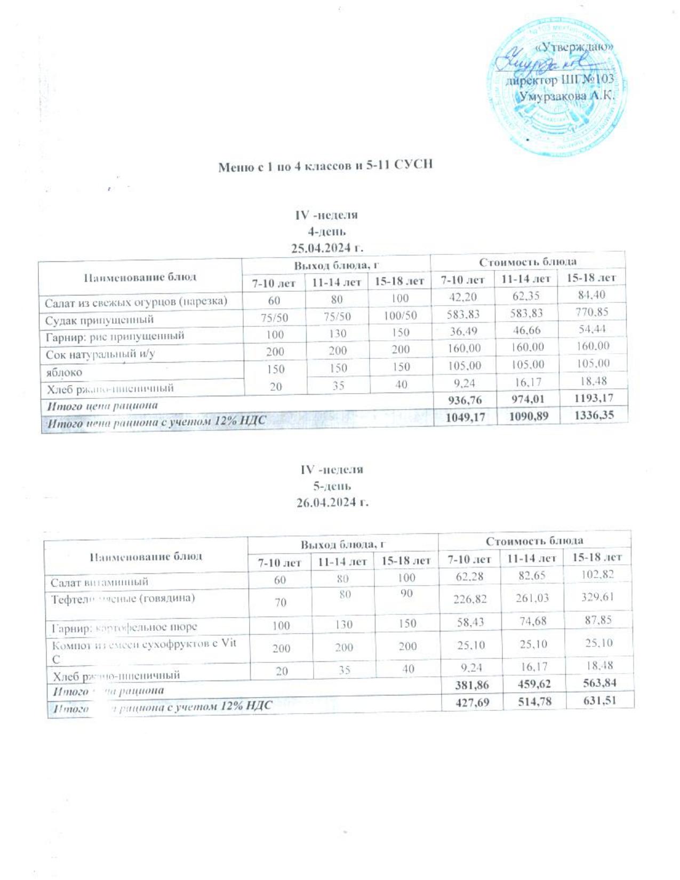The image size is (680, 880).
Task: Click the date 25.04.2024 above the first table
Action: click(x=327, y=247)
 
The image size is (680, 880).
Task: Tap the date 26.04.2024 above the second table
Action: click(x=333, y=502)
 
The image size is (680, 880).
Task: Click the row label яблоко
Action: click(x=64, y=372)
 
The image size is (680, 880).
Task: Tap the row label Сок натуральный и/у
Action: click(x=100, y=354)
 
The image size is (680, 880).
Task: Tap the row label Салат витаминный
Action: click(x=99, y=582)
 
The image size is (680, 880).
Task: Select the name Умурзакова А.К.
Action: click(x=567, y=97)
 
